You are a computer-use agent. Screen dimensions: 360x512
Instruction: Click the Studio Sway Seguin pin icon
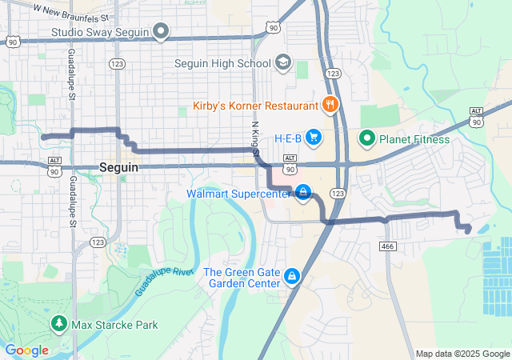click(161, 33)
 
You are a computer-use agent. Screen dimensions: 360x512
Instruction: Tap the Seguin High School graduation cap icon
click(282, 62)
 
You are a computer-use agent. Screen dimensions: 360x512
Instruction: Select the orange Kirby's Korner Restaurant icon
click(329, 105)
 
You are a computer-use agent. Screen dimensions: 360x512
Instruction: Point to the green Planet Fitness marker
click(367, 138)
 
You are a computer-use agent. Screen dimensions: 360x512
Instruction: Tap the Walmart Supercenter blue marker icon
click(303, 192)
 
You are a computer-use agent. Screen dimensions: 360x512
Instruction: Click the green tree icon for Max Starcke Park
click(58, 324)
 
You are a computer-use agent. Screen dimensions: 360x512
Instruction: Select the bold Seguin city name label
click(119, 168)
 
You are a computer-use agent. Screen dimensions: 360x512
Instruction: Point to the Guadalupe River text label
click(164, 282)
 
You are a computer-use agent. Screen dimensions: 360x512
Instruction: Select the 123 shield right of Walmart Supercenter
click(338, 193)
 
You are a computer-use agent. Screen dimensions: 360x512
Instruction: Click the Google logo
click(26, 350)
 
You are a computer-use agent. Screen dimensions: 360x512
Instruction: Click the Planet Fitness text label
click(414, 139)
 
